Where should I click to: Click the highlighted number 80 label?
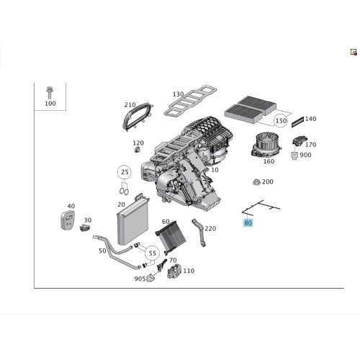point(248,223)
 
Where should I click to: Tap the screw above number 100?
point(50,93)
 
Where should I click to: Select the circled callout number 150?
point(281,120)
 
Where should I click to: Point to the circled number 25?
point(125,172)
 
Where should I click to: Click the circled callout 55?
point(152,253)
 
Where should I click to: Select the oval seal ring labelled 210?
point(138,116)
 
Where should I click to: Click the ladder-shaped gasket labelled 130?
point(190,100)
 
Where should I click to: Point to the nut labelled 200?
point(256,182)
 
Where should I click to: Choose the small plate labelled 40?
point(68,220)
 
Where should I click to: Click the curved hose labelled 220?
point(199,232)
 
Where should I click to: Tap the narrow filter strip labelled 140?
point(297,122)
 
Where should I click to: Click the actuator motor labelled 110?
point(174,271)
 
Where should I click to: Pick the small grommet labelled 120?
point(138,150)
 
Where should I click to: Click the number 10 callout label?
point(215,170)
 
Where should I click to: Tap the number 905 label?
point(140,279)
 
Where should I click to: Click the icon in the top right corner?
point(354,52)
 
